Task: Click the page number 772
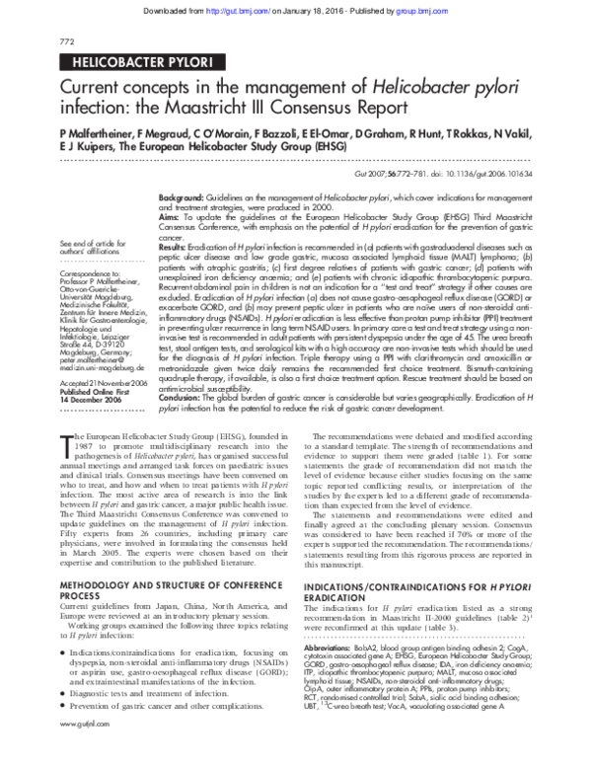pyautogui.click(x=67, y=41)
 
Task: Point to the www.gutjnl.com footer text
pyautogui.click(x=82, y=751)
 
